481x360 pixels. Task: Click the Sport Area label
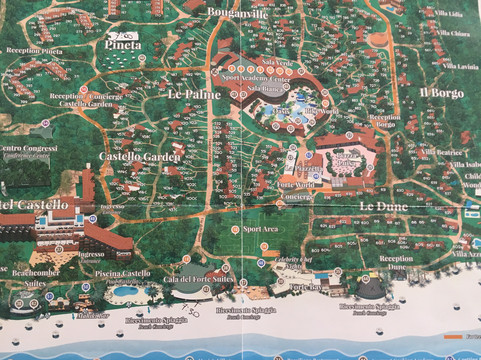[259, 229]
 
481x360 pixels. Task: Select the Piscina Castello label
[124, 274]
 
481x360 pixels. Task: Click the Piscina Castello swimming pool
[126, 295]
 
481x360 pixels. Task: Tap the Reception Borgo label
[384, 122]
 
